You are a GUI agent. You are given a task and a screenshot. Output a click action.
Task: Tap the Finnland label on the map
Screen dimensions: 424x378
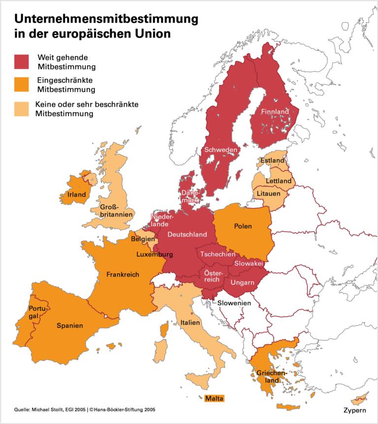275,112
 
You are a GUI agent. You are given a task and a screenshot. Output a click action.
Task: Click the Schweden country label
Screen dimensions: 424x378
221,150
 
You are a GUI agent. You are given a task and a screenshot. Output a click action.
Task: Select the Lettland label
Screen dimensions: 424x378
279,181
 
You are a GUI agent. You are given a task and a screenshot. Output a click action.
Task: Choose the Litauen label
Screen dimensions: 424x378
268,194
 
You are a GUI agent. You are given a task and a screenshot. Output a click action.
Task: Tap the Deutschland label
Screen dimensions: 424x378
187,234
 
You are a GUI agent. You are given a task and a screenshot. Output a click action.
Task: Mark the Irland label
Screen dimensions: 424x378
76,194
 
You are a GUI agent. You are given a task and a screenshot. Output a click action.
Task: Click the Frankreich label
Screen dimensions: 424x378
123,274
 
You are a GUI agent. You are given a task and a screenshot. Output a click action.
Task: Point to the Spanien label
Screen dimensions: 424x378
69,325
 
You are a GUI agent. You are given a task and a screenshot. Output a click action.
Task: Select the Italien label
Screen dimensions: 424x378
189,323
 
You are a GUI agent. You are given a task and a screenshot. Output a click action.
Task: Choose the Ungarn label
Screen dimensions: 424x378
242,282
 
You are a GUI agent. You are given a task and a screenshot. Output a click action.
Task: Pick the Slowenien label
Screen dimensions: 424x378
235,303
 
